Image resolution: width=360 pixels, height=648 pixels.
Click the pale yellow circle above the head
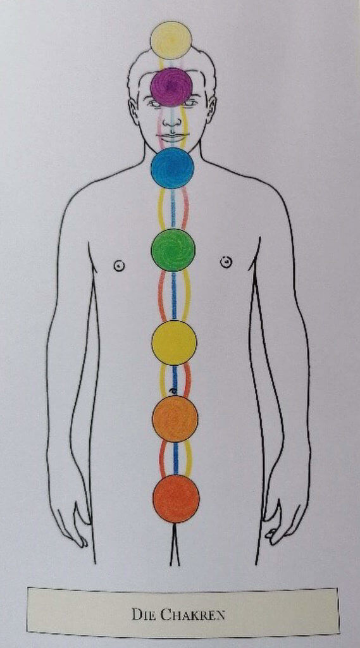(x=171, y=40)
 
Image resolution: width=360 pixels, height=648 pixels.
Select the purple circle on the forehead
(x=171, y=87)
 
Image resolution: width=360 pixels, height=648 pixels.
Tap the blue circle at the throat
(x=172, y=168)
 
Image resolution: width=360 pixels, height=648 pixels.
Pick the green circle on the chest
(x=173, y=249)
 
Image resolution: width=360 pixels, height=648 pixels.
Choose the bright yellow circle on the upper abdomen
(x=174, y=342)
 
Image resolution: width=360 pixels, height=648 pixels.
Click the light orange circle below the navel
(x=175, y=419)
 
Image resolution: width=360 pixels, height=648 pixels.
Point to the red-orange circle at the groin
(x=176, y=499)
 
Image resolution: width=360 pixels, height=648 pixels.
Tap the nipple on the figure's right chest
(x=118, y=266)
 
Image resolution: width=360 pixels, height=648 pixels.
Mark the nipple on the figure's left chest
(x=226, y=261)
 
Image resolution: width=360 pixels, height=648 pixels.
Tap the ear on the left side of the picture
(x=133, y=111)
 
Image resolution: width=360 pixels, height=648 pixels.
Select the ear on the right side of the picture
(x=211, y=109)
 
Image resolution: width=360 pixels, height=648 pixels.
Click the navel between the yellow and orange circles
(x=173, y=390)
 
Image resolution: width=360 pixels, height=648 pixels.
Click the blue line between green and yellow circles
(x=174, y=296)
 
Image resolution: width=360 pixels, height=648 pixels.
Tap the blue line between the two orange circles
(x=176, y=458)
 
